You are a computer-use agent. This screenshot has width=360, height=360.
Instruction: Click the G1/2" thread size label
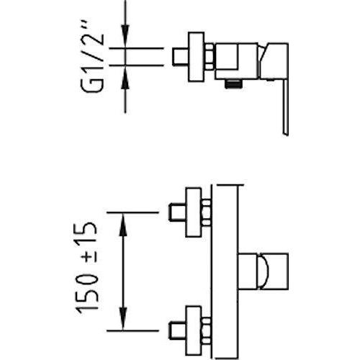(93, 55)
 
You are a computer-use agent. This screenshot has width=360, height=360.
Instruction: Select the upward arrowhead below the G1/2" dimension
(125, 78)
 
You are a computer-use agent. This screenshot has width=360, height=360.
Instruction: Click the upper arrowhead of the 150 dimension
(123, 225)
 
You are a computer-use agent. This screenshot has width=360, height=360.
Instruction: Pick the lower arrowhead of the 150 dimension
(123, 318)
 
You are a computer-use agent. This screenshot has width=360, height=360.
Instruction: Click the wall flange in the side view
(197, 57)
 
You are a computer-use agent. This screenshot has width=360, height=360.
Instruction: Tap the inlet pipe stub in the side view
(180, 57)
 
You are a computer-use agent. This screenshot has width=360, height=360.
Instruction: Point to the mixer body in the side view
(236, 61)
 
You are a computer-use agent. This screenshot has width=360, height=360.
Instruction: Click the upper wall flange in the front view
(194, 212)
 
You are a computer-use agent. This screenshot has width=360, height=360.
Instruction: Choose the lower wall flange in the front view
(194, 330)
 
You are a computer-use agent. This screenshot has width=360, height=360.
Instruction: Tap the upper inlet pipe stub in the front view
(178, 212)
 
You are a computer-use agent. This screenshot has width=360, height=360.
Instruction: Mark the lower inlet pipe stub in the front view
(178, 330)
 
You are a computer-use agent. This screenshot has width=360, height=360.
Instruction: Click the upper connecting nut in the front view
(206, 212)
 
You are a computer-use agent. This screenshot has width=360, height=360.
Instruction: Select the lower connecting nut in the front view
(206, 330)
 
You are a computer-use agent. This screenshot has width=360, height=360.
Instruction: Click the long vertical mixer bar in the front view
(225, 272)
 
